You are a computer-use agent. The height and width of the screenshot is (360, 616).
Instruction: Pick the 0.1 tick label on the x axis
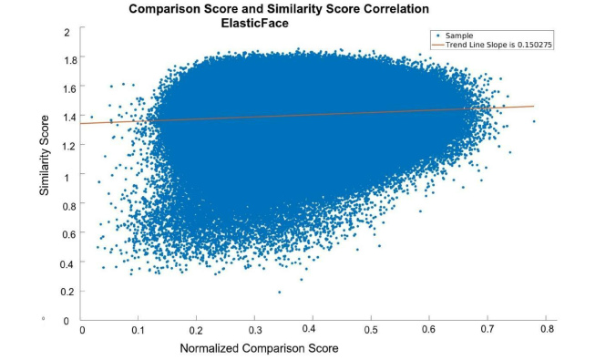click(139, 330)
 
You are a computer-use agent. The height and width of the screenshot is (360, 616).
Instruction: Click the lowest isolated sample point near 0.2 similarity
click(279, 292)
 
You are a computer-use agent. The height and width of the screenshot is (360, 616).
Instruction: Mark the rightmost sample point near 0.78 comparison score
click(533, 120)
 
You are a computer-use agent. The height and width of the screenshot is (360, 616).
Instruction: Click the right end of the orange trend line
click(533, 106)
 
